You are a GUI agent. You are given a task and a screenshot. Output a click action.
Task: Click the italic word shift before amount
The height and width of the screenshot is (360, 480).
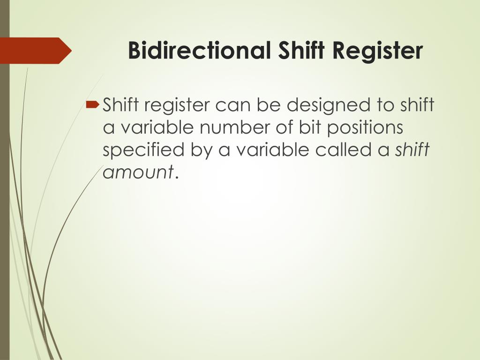pos(412,150)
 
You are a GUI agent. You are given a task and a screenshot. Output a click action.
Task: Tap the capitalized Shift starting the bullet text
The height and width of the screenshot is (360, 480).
pos(120,105)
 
